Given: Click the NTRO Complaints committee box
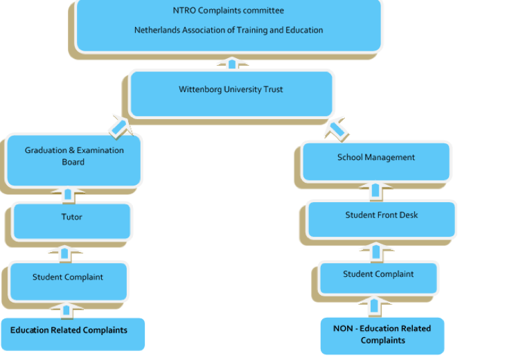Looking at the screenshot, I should pos(229,26).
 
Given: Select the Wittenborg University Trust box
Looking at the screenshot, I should pos(231,93).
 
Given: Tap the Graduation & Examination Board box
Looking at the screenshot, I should pos(74,160).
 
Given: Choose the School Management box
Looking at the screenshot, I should pos(376,162).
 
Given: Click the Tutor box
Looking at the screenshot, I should pos(71,221).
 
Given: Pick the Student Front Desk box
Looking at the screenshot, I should pos(381,219).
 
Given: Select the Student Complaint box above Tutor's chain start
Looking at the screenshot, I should pos(68,281).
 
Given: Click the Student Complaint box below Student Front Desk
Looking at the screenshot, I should pos(378,278).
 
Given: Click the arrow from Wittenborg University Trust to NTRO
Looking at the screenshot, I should pos(232,64).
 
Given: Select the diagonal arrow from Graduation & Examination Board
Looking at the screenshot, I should pos(119,127).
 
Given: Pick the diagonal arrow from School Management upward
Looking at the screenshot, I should pos(337,128).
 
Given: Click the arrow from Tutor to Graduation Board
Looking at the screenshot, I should pos(68,195).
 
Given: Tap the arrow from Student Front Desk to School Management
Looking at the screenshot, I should pos(375,190).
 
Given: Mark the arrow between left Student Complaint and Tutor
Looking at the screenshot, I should pos(65,253).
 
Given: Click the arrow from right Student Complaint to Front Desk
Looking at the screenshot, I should pos(376,251).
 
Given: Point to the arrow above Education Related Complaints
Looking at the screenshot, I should pos(67,310).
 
